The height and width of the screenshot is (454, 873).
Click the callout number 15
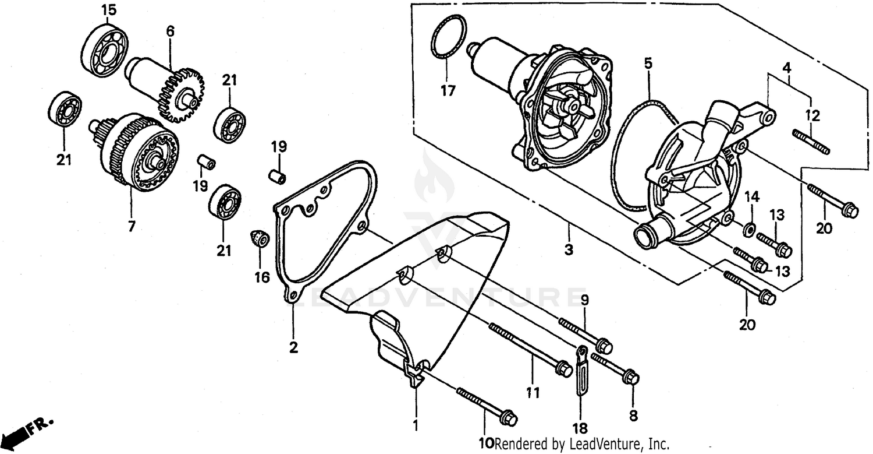click(108, 10)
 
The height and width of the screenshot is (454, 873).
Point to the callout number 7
click(132, 226)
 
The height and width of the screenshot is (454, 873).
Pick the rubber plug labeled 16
click(258, 238)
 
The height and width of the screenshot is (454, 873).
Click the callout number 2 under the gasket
click(293, 348)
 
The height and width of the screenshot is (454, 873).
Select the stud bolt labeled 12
click(811, 142)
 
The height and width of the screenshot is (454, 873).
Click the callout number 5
click(648, 63)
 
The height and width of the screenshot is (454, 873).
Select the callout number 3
click(568, 250)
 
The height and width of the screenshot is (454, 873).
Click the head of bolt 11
click(563, 368)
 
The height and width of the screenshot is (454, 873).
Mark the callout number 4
click(787, 67)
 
